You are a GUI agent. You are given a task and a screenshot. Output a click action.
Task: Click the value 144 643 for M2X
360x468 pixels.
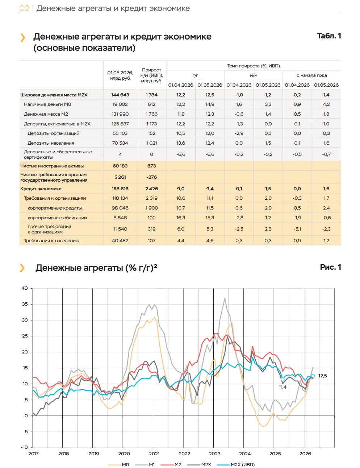(120, 95)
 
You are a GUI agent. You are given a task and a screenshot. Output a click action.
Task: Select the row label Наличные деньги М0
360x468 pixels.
(47, 104)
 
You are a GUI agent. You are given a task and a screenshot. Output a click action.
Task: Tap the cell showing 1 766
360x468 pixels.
(151, 114)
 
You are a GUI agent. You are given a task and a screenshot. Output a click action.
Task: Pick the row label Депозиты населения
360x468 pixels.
(51, 143)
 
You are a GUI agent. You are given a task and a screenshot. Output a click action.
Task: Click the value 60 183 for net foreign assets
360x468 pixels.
(120, 166)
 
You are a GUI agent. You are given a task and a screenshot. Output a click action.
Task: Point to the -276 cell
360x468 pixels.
(151, 177)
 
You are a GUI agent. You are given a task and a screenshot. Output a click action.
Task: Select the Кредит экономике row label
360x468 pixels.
(41, 189)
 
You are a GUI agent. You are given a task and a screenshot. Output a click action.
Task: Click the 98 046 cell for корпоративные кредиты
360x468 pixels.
(120, 208)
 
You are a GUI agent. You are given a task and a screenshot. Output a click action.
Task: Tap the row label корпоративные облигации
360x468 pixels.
(57, 218)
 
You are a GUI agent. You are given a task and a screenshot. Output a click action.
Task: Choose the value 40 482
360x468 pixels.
(120, 241)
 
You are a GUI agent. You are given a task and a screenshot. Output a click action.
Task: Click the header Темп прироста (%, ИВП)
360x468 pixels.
(254, 66)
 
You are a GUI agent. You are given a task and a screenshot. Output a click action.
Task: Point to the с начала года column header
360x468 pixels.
(311, 75)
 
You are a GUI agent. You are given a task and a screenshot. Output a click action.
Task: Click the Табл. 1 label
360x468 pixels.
(329, 36)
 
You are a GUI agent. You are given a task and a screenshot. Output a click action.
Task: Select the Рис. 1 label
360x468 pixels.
(331, 267)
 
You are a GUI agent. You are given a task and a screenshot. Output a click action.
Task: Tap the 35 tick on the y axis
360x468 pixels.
(25, 304)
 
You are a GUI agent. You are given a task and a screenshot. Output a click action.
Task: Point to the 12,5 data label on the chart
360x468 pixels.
(322, 376)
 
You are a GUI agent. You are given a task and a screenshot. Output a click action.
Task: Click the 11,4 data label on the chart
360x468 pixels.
(282, 387)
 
